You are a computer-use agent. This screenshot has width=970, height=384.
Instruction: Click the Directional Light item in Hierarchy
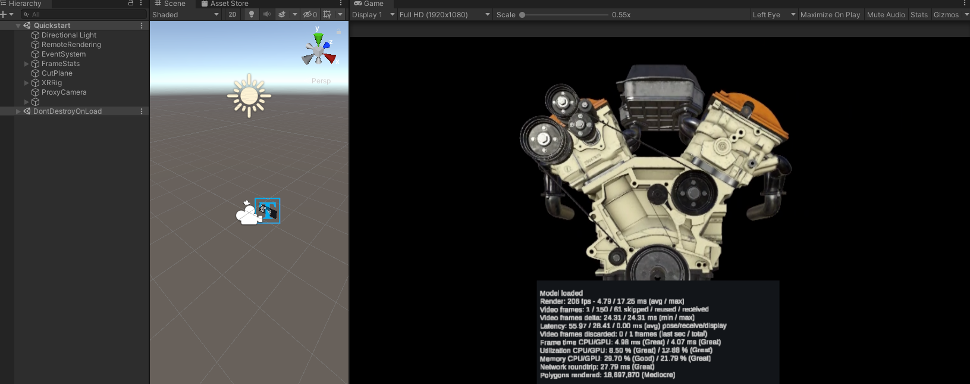(x=68, y=35)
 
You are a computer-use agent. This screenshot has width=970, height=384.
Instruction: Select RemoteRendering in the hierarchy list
(x=71, y=45)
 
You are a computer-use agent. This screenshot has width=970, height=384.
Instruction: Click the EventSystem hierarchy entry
(x=63, y=54)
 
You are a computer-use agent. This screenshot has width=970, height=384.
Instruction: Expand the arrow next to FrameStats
(x=26, y=64)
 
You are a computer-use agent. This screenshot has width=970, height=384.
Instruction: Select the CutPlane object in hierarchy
(x=56, y=73)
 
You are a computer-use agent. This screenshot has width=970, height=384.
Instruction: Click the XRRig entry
(x=51, y=83)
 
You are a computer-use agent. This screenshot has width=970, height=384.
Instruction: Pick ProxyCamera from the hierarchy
(x=64, y=92)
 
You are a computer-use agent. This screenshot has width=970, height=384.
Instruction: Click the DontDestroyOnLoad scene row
(x=67, y=111)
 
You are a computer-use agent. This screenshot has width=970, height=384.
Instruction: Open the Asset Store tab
(x=228, y=4)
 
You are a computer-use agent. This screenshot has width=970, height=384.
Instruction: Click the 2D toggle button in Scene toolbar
(x=233, y=14)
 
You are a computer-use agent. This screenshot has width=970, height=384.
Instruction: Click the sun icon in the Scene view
(x=249, y=95)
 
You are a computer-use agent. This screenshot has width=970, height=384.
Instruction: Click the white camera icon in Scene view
(x=247, y=213)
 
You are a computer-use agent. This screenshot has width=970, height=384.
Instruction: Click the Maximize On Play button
(x=830, y=14)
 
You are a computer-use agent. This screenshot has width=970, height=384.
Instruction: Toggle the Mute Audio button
(x=886, y=14)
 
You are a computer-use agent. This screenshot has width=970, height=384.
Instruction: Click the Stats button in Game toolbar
(x=919, y=14)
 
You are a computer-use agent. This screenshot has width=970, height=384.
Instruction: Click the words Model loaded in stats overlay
(x=561, y=293)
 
